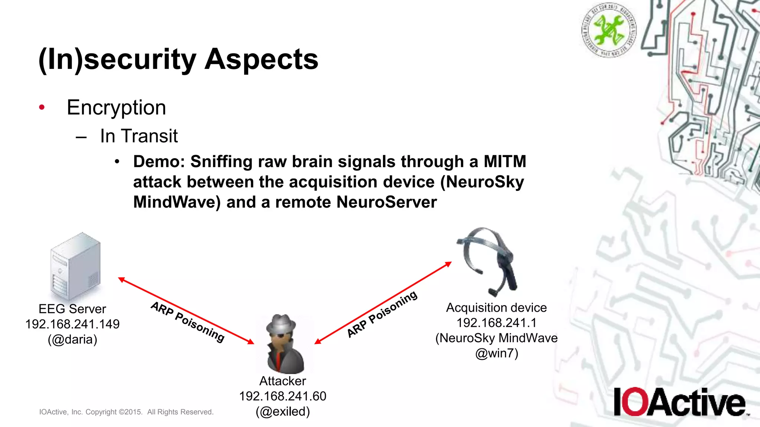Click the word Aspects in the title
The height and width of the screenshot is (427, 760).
pyautogui.click(x=261, y=59)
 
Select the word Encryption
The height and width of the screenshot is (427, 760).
pyautogui.click(x=116, y=108)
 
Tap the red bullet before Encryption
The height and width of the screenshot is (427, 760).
pyautogui.click(x=42, y=107)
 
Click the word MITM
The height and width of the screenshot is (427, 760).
pyautogui.click(x=505, y=162)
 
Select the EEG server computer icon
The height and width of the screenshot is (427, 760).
pyautogui.click(x=75, y=266)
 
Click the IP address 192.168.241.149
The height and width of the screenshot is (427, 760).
pyautogui.click(x=72, y=324)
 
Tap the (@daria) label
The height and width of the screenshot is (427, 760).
pyautogui.click(x=72, y=339)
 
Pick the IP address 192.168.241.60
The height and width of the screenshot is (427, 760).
pyautogui.click(x=283, y=396)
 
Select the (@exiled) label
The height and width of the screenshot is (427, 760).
pyautogui.click(x=283, y=411)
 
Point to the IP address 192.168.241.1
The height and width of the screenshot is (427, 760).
pyautogui.click(x=497, y=323)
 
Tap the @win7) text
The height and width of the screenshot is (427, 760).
pyautogui.click(x=497, y=353)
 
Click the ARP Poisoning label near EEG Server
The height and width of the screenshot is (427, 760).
pyautogui.click(x=188, y=322)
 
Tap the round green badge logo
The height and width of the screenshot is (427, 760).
pyautogui.click(x=609, y=30)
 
